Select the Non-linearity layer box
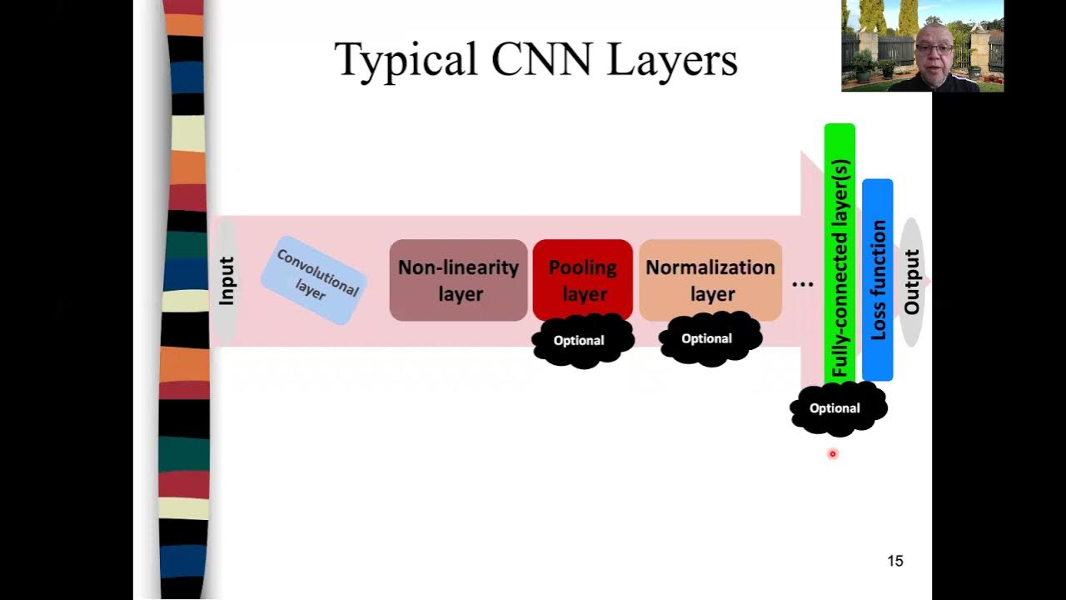coord(458,280)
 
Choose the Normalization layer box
coord(710,280)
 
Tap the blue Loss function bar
coord(878,280)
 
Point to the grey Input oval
coord(226,281)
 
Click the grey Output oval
coord(911,282)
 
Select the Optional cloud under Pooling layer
coord(580,341)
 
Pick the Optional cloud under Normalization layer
coord(707,338)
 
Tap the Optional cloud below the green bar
coord(835,408)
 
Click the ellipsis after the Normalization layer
coord(802,283)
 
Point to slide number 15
coord(895,561)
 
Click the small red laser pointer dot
coord(832,454)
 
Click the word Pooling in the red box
coord(582,267)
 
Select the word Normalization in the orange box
coord(710,267)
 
